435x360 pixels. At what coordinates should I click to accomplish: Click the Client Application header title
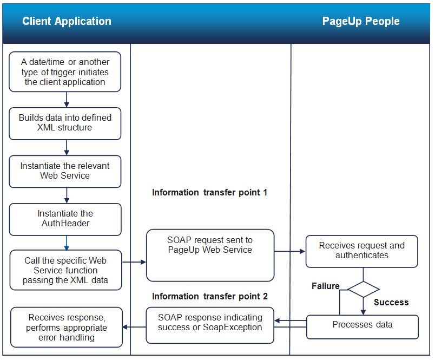tap(67, 21)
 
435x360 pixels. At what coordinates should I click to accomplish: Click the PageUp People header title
tap(361, 21)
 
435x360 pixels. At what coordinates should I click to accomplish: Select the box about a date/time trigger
tap(65, 72)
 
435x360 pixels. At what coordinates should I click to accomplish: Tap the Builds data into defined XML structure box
tap(65, 123)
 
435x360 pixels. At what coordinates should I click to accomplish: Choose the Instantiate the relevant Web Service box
tap(65, 171)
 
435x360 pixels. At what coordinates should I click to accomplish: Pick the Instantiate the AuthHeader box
tap(65, 219)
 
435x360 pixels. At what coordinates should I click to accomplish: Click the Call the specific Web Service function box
tap(66, 270)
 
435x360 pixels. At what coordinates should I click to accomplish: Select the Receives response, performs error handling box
tap(67, 327)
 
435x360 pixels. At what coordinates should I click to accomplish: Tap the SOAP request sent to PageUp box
tap(210, 256)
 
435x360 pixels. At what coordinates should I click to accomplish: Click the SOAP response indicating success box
tap(210, 325)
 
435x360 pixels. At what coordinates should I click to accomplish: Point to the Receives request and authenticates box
tap(362, 252)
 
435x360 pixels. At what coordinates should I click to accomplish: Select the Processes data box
tap(362, 327)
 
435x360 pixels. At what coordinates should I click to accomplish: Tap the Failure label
tap(325, 286)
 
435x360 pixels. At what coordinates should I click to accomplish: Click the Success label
tap(391, 302)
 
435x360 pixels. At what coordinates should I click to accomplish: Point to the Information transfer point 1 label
tap(209, 192)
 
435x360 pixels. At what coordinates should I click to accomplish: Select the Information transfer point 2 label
tap(210, 297)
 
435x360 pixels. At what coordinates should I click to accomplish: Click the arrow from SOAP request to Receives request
tap(290, 252)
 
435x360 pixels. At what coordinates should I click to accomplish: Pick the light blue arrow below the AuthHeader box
tap(67, 243)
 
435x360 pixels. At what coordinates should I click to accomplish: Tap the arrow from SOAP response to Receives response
tap(134, 327)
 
